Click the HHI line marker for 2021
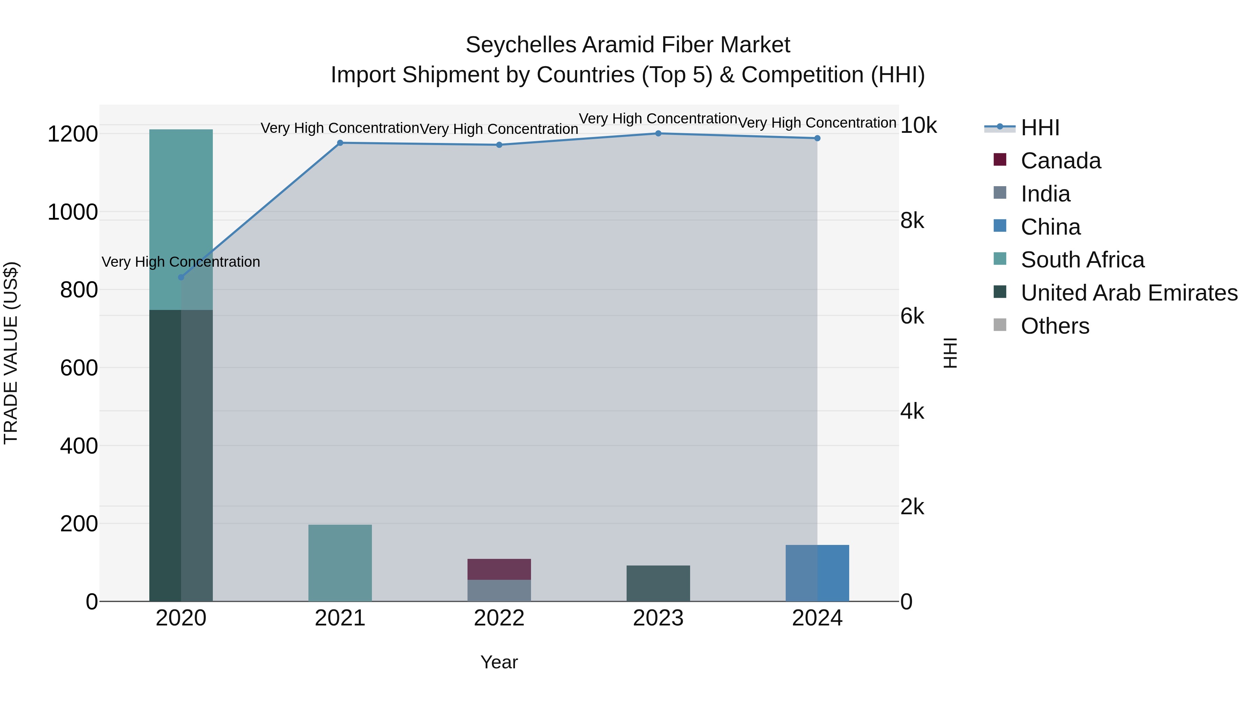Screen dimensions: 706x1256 tap(340, 143)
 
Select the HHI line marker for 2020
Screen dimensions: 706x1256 tap(181, 277)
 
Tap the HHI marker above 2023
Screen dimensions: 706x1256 tap(658, 134)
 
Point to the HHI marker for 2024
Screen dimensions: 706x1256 tap(817, 138)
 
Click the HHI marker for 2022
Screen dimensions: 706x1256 tap(499, 145)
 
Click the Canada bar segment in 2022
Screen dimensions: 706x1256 tap(499, 569)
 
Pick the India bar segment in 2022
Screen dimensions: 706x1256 tap(499, 591)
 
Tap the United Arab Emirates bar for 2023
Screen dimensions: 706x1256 tap(658, 583)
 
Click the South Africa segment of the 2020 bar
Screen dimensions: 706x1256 tap(181, 219)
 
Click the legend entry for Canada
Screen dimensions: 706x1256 tap(1061, 161)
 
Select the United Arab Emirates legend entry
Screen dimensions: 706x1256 tap(1129, 293)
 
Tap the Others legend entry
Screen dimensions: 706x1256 tap(1055, 326)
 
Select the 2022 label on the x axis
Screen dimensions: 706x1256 tap(499, 618)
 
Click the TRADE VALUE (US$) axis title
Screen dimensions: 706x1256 tap(11, 353)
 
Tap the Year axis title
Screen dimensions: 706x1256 tap(499, 662)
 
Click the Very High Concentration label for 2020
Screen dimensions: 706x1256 tap(181, 262)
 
